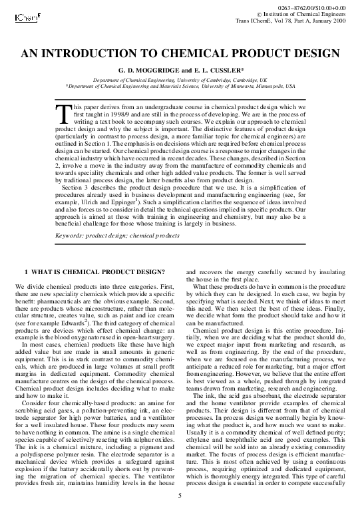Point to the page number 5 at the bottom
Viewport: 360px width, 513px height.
180,496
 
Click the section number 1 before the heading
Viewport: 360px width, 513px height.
26,272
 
